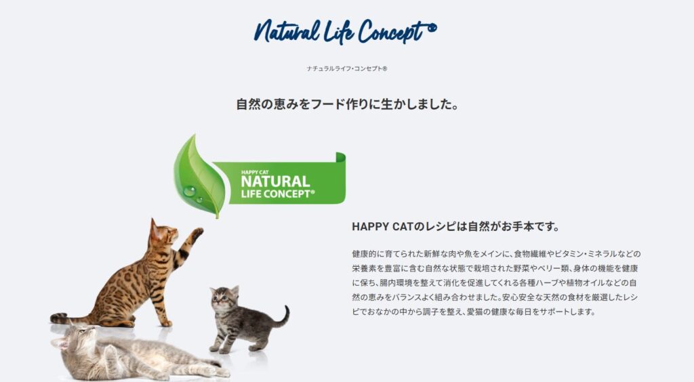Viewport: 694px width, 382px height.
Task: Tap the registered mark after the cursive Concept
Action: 432,28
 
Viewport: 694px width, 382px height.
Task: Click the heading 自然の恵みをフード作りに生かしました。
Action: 348,104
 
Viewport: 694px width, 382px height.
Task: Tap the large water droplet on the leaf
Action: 190,191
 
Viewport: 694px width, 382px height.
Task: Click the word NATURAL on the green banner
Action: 275,182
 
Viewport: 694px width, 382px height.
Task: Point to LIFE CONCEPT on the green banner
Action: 278,194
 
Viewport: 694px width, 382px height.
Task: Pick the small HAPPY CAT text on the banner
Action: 255,173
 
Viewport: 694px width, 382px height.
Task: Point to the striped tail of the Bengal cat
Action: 70,318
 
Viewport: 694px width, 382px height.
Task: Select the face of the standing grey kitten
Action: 222,297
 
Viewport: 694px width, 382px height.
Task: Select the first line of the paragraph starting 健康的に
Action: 496,254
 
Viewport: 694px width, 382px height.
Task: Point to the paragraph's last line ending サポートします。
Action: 474,312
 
